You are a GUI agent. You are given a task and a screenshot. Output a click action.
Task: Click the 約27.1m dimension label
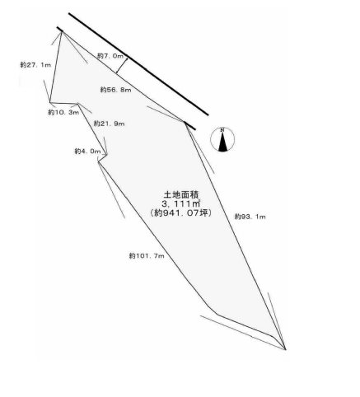[35, 65]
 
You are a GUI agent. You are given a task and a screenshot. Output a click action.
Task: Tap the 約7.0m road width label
[110, 56]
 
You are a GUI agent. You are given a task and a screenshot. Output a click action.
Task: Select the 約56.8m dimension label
[115, 90]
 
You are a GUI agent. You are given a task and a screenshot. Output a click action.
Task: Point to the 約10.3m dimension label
[63, 112]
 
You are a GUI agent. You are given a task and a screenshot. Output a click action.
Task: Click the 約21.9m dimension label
[109, 124]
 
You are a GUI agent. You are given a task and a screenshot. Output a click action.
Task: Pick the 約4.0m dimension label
[87, 152]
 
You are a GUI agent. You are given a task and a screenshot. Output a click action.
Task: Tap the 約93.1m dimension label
[250, 217]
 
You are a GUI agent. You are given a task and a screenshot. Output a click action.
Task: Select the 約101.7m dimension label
[147, 256]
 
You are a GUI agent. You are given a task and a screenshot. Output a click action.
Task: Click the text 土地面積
[180, 194]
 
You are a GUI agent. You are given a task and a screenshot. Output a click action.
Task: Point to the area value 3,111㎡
[180, 203]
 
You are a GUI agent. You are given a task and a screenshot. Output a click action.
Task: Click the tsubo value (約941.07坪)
[180, 213]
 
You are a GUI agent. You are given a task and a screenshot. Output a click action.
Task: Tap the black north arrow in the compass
[222, 142]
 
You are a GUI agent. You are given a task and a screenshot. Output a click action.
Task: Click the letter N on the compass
[222, 130]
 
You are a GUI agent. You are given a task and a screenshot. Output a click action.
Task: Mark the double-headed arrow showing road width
[122, 66]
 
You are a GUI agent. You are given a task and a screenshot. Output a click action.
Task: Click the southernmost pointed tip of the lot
[286, 349]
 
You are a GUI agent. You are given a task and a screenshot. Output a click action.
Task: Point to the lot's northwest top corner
[62, 32]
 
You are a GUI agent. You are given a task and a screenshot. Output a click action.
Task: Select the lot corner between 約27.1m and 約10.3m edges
[50, 103]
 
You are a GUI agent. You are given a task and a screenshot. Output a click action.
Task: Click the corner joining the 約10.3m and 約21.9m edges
[78, 104]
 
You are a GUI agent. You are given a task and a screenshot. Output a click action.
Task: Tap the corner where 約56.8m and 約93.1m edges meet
[185, 122]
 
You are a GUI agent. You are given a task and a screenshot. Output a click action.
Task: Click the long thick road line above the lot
[138, 64]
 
